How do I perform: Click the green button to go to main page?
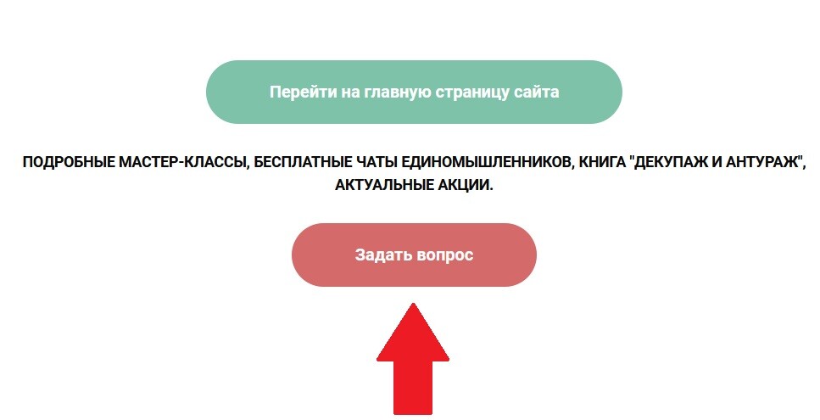(414, 92)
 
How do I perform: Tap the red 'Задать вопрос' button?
(414, 255)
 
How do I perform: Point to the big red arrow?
(413, 359)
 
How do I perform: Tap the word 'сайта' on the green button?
(536, 92)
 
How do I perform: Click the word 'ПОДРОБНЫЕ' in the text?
(69, 163)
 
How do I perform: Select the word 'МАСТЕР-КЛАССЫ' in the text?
(183, 163)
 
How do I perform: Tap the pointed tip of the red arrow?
(413, 304)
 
